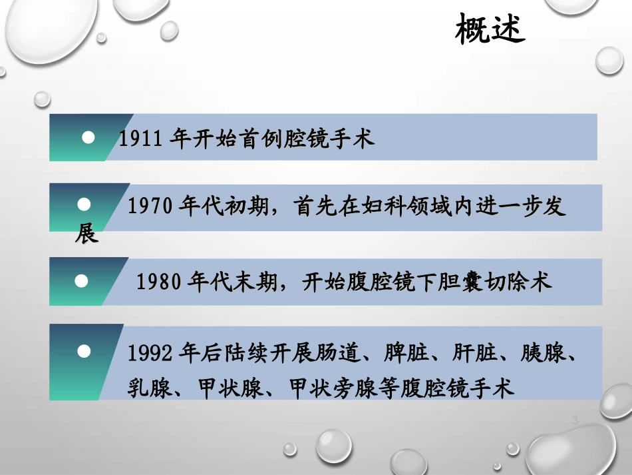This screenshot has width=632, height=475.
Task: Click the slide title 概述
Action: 490,31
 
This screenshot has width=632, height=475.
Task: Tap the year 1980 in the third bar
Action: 159,282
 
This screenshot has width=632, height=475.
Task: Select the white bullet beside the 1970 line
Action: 84,203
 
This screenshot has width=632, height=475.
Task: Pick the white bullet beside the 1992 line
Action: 84,350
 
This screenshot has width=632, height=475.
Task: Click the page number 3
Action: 574,420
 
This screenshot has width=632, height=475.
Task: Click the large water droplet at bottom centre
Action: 333,444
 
